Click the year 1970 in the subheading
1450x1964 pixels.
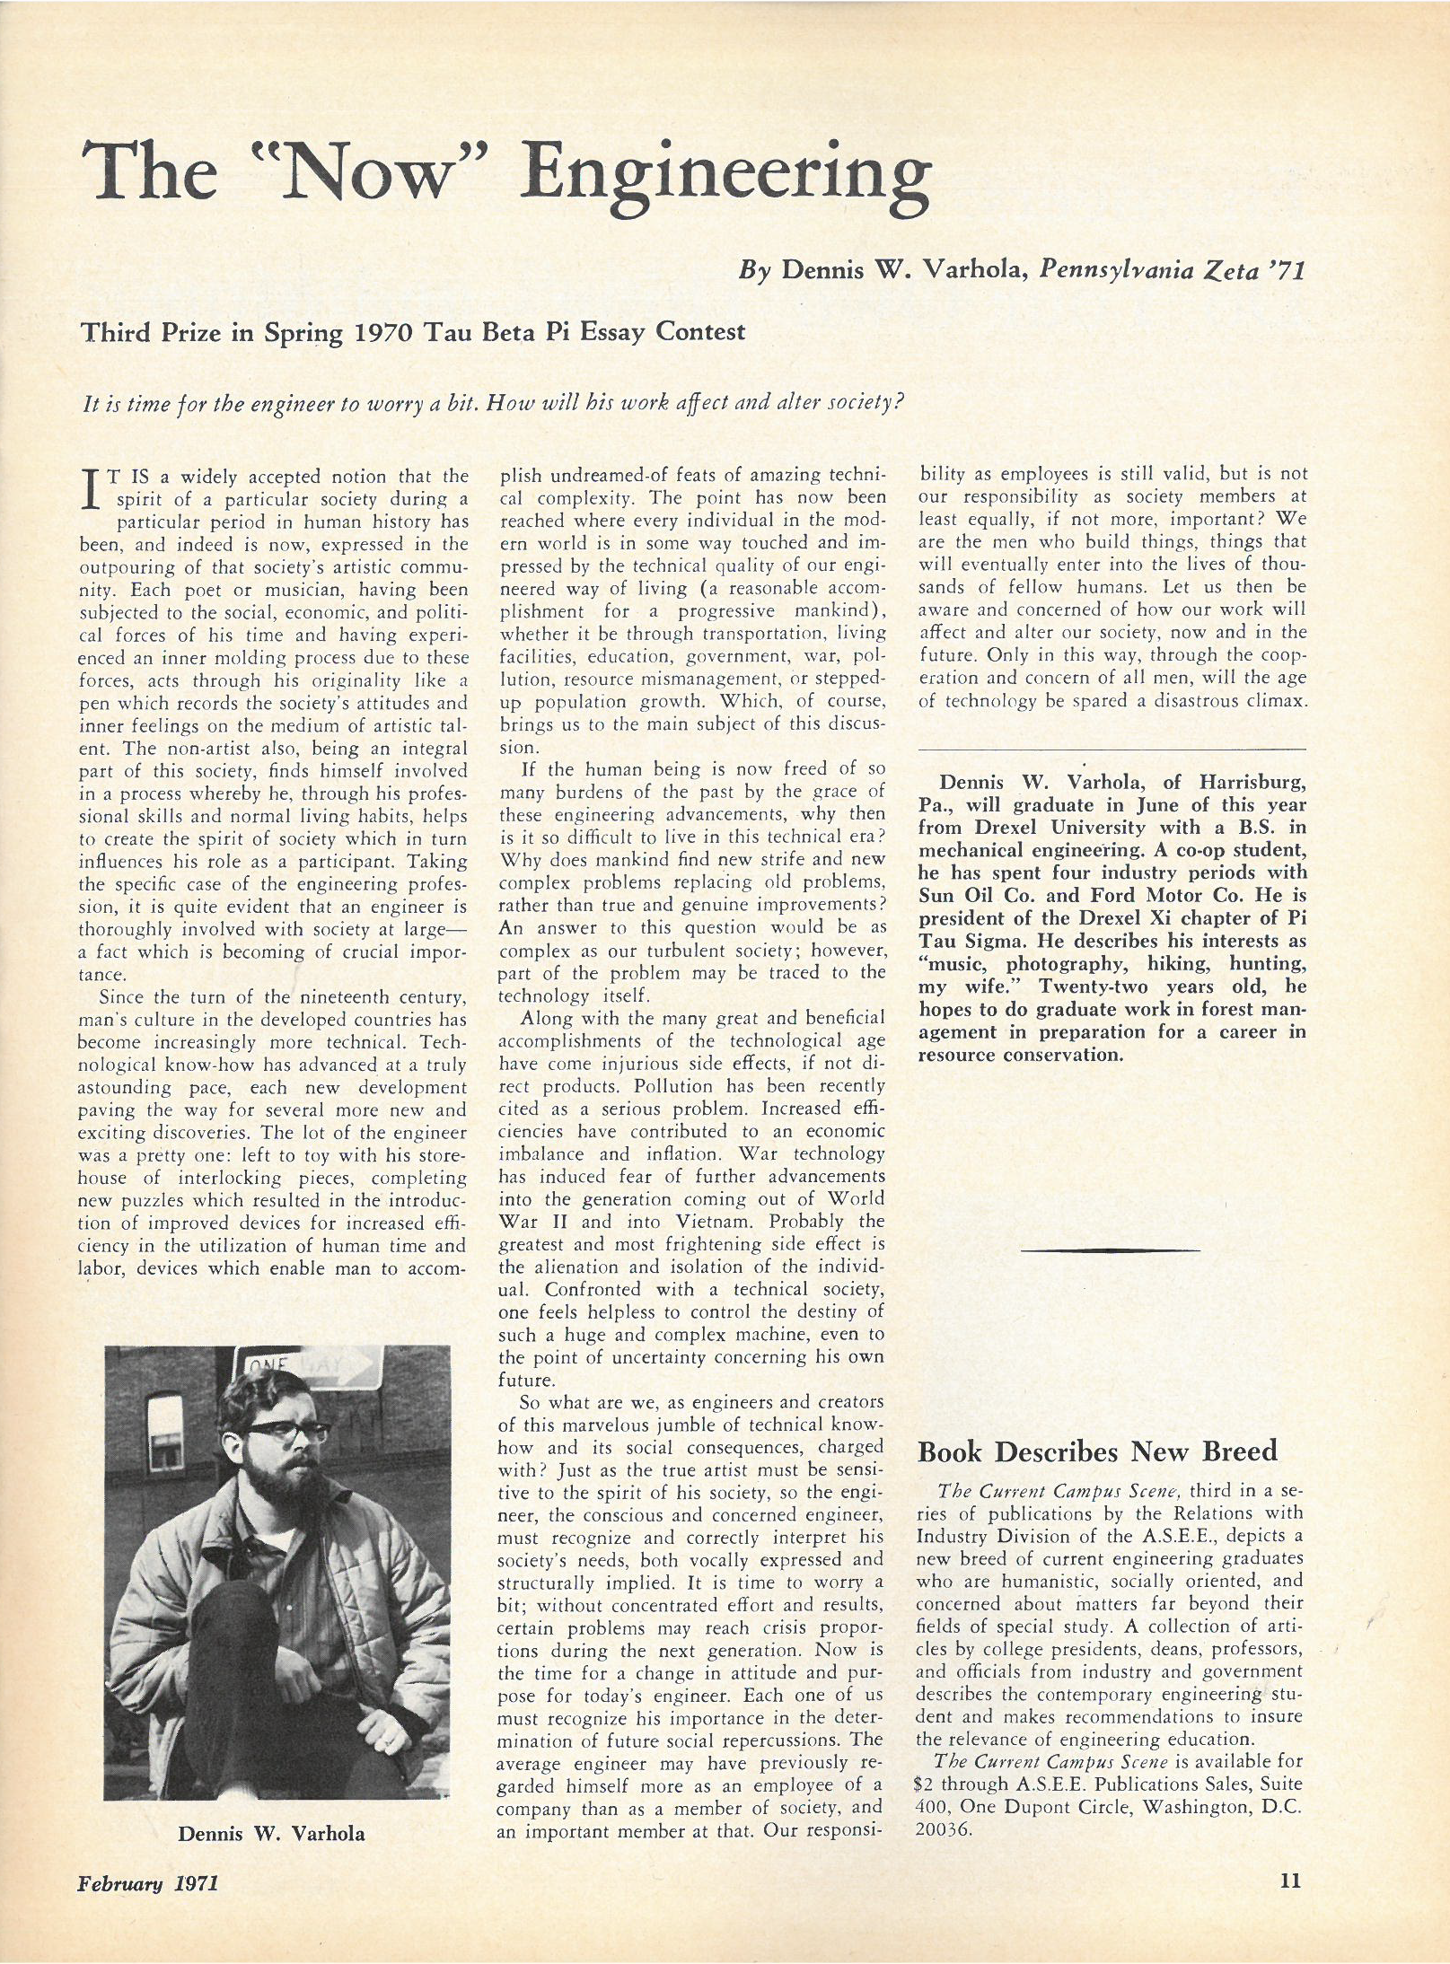click(x=384, y=333)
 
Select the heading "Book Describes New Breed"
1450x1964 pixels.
click(x=1096, y=1452)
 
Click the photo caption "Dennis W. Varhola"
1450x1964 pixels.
click(x=271, y=1833)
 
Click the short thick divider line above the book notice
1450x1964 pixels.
click(x=1111, y=1249)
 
